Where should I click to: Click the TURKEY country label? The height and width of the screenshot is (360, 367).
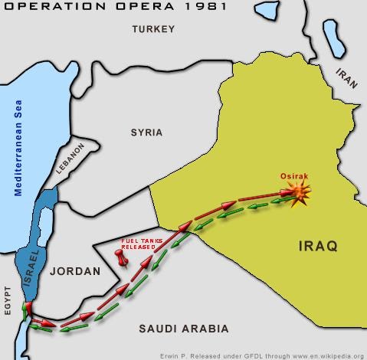tap(153, 29)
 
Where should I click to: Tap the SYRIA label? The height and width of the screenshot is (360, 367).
tap(146, 132)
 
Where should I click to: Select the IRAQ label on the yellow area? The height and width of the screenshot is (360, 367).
tap(313, 246)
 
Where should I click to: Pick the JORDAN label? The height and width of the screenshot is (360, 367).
tap(76, 271)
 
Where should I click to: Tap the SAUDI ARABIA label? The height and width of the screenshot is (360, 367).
tap(184, 329)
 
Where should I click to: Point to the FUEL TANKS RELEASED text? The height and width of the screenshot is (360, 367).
tap(139, 244)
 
